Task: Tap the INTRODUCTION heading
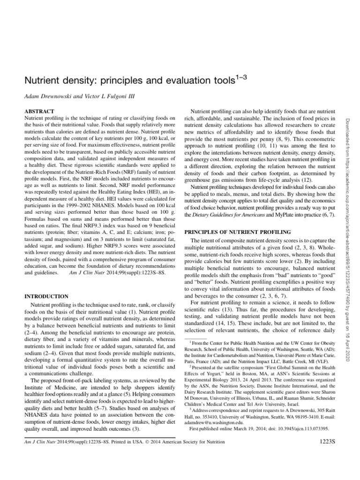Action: [45, 296]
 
